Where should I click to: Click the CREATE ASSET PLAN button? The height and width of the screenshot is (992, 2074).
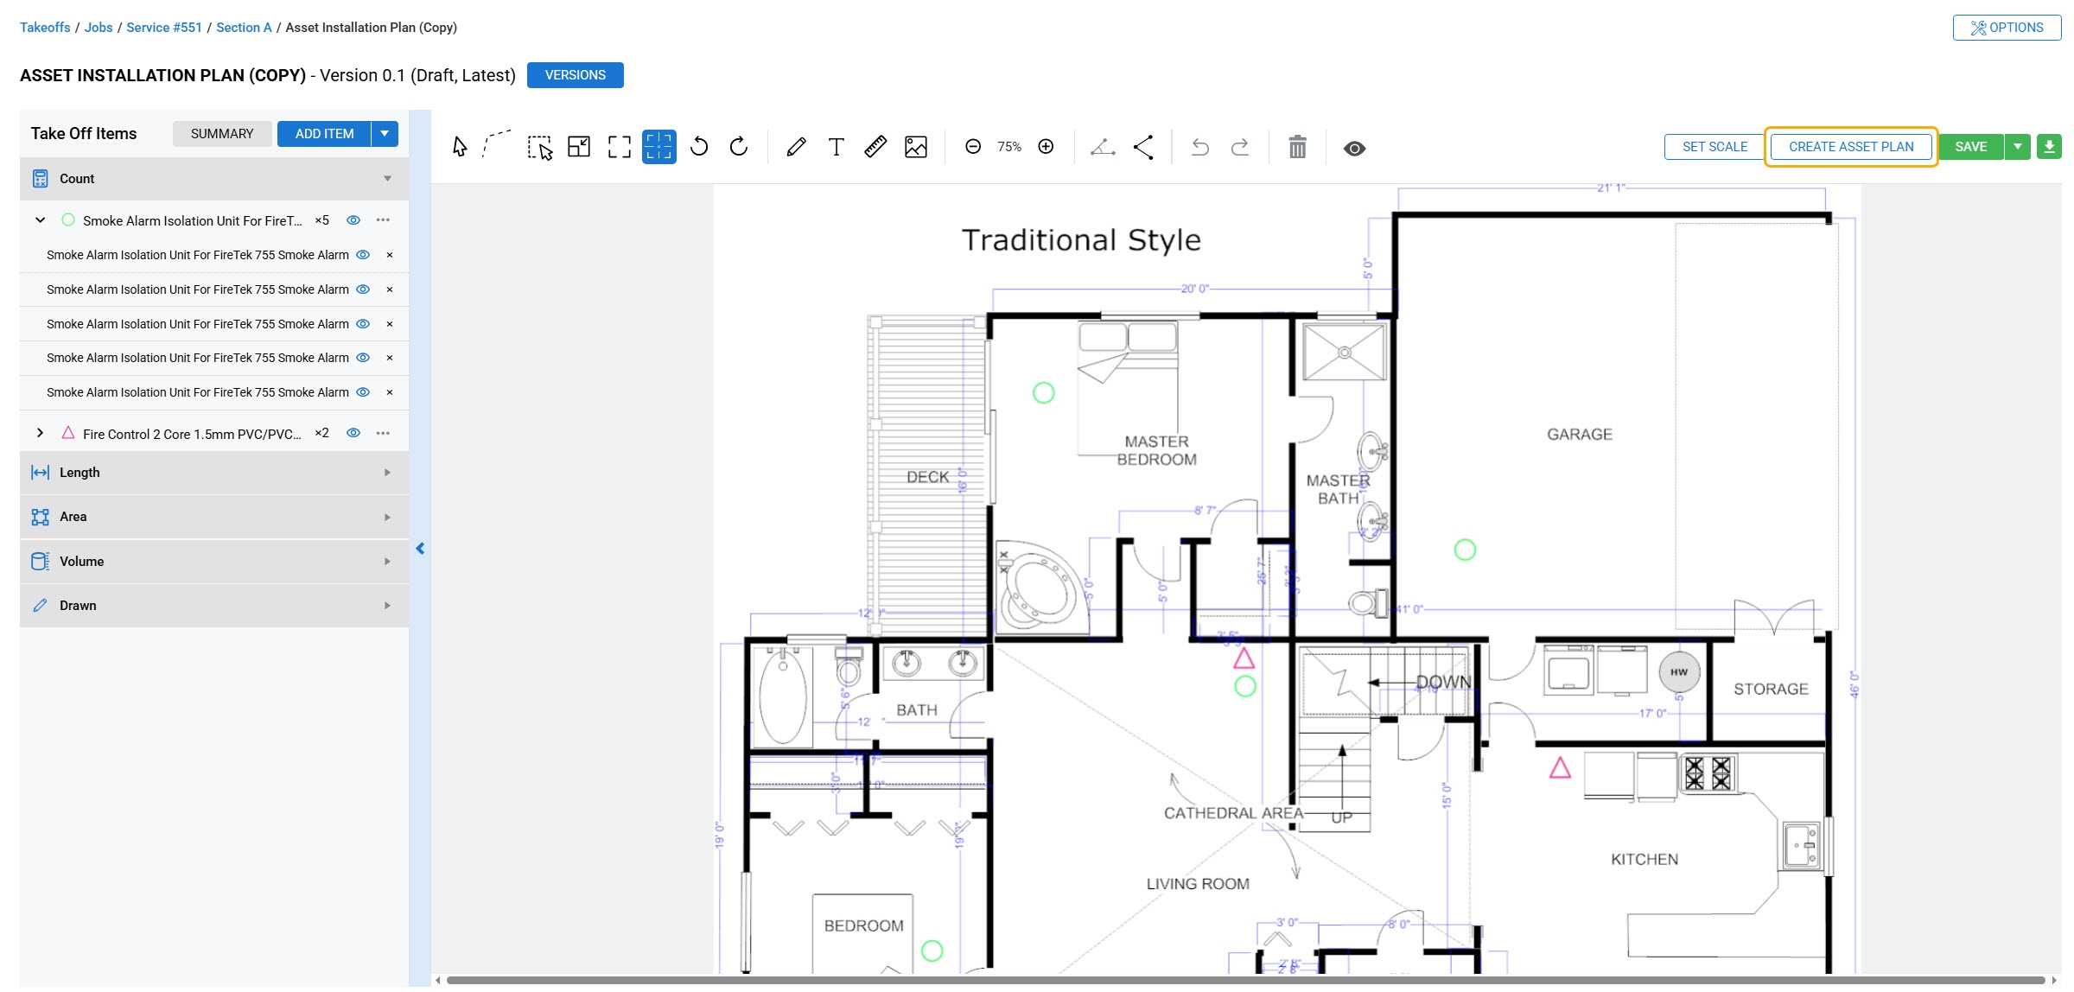click(1850, 147)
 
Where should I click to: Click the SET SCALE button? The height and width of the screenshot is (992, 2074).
click(1715, 147)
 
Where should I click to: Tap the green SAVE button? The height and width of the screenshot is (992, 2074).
click(1970, 147)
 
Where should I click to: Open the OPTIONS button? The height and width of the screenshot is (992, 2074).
click(2007, 28)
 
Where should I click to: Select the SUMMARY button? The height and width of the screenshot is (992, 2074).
click(222, 134)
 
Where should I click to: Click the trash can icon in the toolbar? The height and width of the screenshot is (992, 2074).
click(1297, 148)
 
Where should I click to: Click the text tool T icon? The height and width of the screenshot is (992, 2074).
click(836, 147)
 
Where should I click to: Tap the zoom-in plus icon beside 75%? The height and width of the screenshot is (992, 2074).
click(1046, 147)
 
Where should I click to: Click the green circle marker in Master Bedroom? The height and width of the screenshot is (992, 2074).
click(1044, 393)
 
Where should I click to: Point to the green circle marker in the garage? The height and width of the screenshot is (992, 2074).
click(1465, 550)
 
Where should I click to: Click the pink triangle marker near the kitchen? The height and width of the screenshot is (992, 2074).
click(1560, 768)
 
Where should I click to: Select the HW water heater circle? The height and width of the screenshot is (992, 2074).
click(1679, 672)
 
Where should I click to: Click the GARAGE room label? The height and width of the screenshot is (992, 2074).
click(1580, 435)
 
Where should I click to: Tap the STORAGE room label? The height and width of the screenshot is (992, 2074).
click(1771, 690)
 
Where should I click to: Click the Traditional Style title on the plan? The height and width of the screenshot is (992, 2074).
click(1081, 240)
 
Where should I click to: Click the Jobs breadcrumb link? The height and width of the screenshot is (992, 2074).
click(99, 28)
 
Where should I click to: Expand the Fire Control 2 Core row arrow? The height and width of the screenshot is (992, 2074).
click(40, 433)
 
